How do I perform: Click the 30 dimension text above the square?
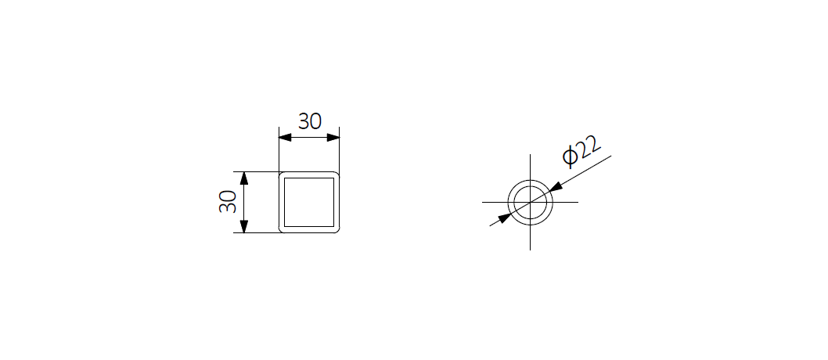(310, 121)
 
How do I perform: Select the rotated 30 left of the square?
(228, 202)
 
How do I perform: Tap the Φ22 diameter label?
(582, 152)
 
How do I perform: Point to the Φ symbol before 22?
(569, 157)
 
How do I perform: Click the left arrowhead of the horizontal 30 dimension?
(285, 138)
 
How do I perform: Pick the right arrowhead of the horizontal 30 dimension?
(333, 138)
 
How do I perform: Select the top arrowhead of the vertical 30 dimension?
(244, 178)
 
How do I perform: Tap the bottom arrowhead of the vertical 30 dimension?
(244, 226)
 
